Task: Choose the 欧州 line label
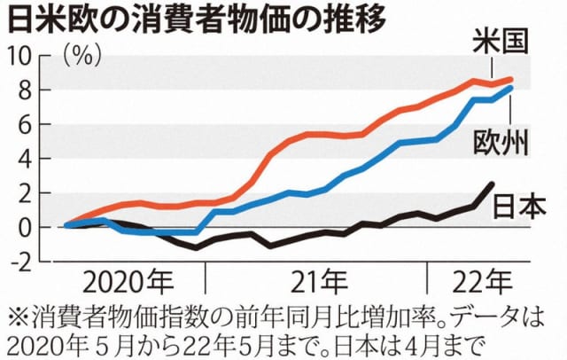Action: (x=501, y=142)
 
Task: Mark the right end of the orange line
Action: (x=512, y=80)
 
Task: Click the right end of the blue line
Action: (x=512, y=87)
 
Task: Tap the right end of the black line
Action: (x=493, y=184)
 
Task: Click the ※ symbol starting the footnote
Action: (x=17, y=316)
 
